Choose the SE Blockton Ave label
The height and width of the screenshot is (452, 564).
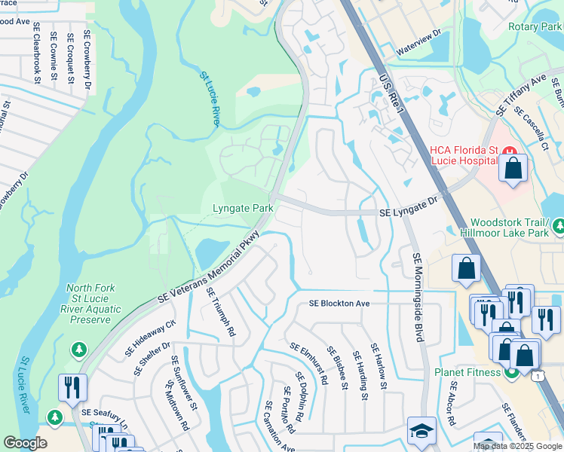click(339, 304)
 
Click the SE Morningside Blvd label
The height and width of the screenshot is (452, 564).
click(416, 297)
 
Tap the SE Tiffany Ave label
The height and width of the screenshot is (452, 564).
click(521, 96)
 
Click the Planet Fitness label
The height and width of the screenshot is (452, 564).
click(467, 372)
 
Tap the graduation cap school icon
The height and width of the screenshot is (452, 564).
click(421, 431)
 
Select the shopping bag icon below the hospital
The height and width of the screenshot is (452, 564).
click(513, 169)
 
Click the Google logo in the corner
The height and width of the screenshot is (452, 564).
click(25, 442)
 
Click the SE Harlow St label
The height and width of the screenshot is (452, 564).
click(378, 367)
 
